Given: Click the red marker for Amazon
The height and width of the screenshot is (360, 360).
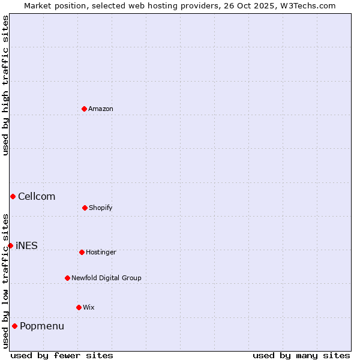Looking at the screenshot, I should pos(84,109).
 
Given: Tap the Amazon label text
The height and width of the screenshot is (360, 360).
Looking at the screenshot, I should pos(101,109).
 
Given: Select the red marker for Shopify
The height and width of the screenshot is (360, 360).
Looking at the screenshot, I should pos(85,208).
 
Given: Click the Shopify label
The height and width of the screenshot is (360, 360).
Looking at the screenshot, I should pos(101,208).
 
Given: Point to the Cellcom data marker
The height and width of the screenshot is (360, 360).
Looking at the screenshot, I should pos(13,196).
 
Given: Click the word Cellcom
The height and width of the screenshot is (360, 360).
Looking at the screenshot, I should pos(37,196).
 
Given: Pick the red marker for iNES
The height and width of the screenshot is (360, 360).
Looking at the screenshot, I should pos(10,245).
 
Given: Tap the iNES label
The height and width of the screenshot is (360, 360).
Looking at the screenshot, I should pos(26,245).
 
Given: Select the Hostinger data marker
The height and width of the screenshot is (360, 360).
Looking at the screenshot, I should pos(82,252).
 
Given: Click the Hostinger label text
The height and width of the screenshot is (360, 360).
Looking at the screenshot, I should pos(101,252).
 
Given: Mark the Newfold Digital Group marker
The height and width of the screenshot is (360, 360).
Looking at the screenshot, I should pos(67,278).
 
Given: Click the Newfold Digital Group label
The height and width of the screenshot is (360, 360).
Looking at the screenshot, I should pos(106,278).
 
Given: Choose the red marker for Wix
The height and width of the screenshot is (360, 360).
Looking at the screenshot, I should pos(79,307).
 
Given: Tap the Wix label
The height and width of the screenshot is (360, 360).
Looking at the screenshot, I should pos(89,307).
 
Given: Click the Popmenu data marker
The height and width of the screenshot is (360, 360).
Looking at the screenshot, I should pos(14,326).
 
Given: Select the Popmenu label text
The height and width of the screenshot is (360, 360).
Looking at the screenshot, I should pos(42,326).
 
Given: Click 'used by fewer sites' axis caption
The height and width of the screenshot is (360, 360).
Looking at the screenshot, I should pos(62,355).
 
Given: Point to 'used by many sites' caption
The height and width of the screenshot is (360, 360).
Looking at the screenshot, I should pos(301,355).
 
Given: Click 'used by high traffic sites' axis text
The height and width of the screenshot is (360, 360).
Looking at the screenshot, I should pos(5,85).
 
